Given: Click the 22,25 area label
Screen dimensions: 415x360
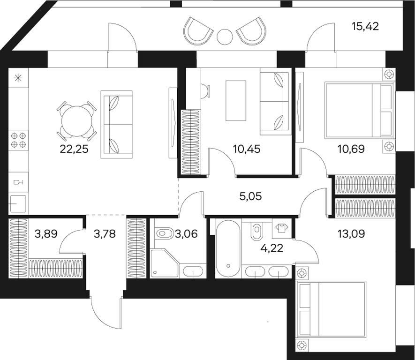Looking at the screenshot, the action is (74, 149).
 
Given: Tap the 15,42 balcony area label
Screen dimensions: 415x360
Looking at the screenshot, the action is (365, 26).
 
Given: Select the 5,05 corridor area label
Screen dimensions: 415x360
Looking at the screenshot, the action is (250, 196).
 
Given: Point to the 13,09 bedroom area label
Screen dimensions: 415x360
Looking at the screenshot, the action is (351, 233).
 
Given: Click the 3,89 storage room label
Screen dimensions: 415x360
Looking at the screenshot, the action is (46, 233).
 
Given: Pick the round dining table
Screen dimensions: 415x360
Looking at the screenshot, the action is (77, 121).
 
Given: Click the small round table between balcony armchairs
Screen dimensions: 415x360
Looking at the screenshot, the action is (225, 37).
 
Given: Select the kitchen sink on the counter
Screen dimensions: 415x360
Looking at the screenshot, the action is (18, 204).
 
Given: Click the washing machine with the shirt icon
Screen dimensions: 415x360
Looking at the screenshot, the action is (282, 228).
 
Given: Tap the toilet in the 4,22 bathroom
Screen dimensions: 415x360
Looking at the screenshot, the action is (256, 229).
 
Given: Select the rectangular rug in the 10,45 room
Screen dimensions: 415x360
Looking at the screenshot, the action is (236, 100).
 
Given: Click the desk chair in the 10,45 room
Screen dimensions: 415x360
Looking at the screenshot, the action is (205, 91).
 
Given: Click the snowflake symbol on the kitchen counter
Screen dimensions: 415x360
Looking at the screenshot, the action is (18, 78).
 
